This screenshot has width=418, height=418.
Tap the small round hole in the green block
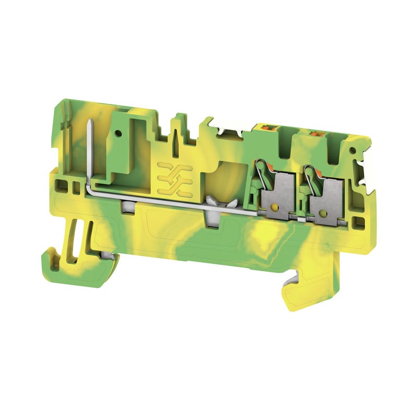pyautogui.click(x=122, y=134)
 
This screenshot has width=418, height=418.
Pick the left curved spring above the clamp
pyautogui.click(x=258, y=172)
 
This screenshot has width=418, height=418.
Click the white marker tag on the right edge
pyautogui.click(x=366, y=172)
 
